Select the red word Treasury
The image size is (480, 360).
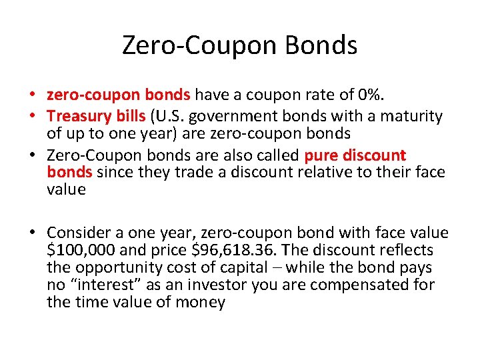click(75, 116)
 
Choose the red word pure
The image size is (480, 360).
click(323, 155)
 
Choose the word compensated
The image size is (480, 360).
click(359, 285)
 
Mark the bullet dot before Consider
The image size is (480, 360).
click(32, 233)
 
